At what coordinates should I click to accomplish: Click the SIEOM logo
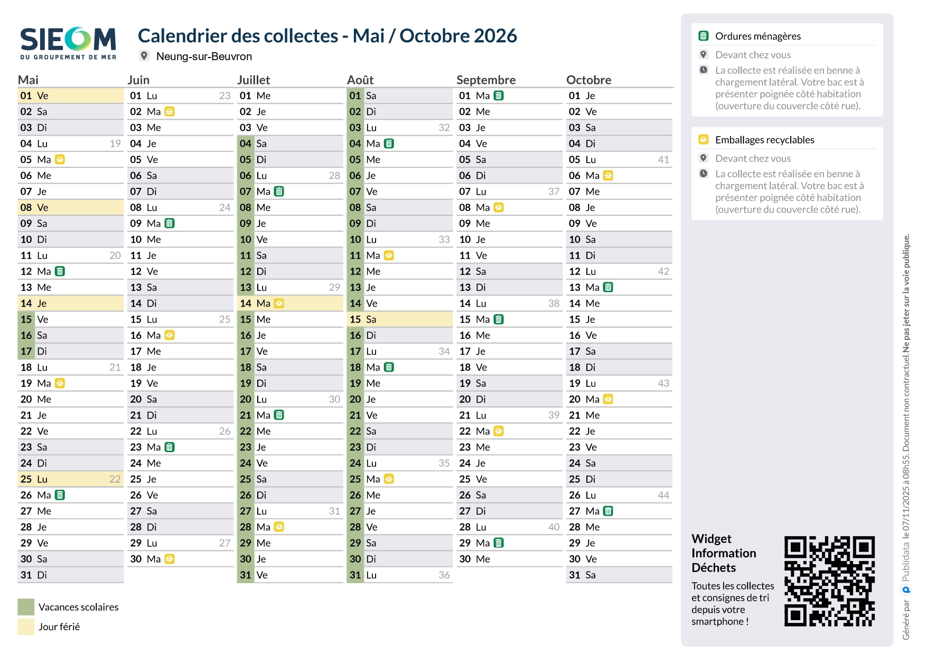[x=68, y=43]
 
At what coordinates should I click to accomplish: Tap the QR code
[x=829, y=581]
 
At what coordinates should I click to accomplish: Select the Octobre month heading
[x=588, y=80]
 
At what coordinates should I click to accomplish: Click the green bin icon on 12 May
[x=60, y=271]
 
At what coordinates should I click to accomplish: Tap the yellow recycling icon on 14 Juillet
[x=279, y=303]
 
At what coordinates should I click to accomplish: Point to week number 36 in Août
[x=444, y=575]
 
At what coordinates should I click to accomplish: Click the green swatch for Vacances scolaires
[x=26, y=607]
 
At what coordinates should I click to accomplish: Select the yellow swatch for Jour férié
[x=26, y=626]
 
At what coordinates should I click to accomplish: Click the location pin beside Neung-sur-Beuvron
[x=144, y=56]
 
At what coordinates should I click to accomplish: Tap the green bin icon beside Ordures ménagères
[x=704, y=36]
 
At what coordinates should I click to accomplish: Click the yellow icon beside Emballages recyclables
[x=704, y=139]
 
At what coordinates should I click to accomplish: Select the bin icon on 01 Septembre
[x=499, y=96]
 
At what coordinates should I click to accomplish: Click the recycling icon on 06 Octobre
[x=608, y=175]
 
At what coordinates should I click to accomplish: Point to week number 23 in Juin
[x=224, y=96]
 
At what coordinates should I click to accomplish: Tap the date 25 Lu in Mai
[x=34, y=479]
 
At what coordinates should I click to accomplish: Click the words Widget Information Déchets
[x=724, y=553]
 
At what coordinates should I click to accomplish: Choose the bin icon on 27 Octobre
[x=608, y=511]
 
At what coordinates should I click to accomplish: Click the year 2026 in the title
[x=495, y=36]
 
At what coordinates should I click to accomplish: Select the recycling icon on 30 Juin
[x=170, y=559]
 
